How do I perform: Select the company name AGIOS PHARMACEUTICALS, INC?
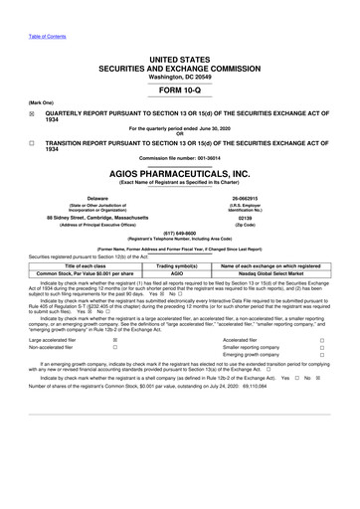pyautogui.click(x=179, y=172)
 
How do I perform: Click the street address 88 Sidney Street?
pyautogui.click(x=97, y=219)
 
